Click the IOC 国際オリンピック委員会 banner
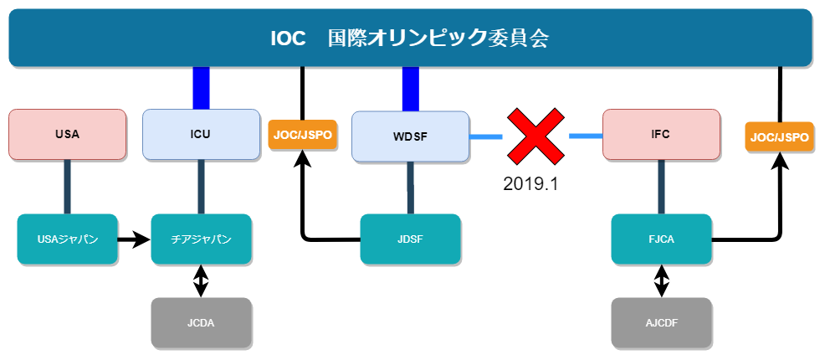point(410,38)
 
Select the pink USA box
point(67,134)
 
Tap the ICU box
point(201,134)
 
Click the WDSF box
point(409,136)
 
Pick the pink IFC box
point(661,134)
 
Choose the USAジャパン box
point(67,239)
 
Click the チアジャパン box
point(201,239)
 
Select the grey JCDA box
point(201,322)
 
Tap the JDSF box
point(410,239)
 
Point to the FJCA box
point(661,239)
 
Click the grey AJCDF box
point(661,322)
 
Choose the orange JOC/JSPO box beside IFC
point(780,136)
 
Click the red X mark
point(535,135)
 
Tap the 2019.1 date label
point(530,183)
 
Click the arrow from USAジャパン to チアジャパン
point(133,240)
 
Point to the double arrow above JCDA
point(201,281)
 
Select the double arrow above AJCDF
point(661,281)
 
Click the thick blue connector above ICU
point(201,88)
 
